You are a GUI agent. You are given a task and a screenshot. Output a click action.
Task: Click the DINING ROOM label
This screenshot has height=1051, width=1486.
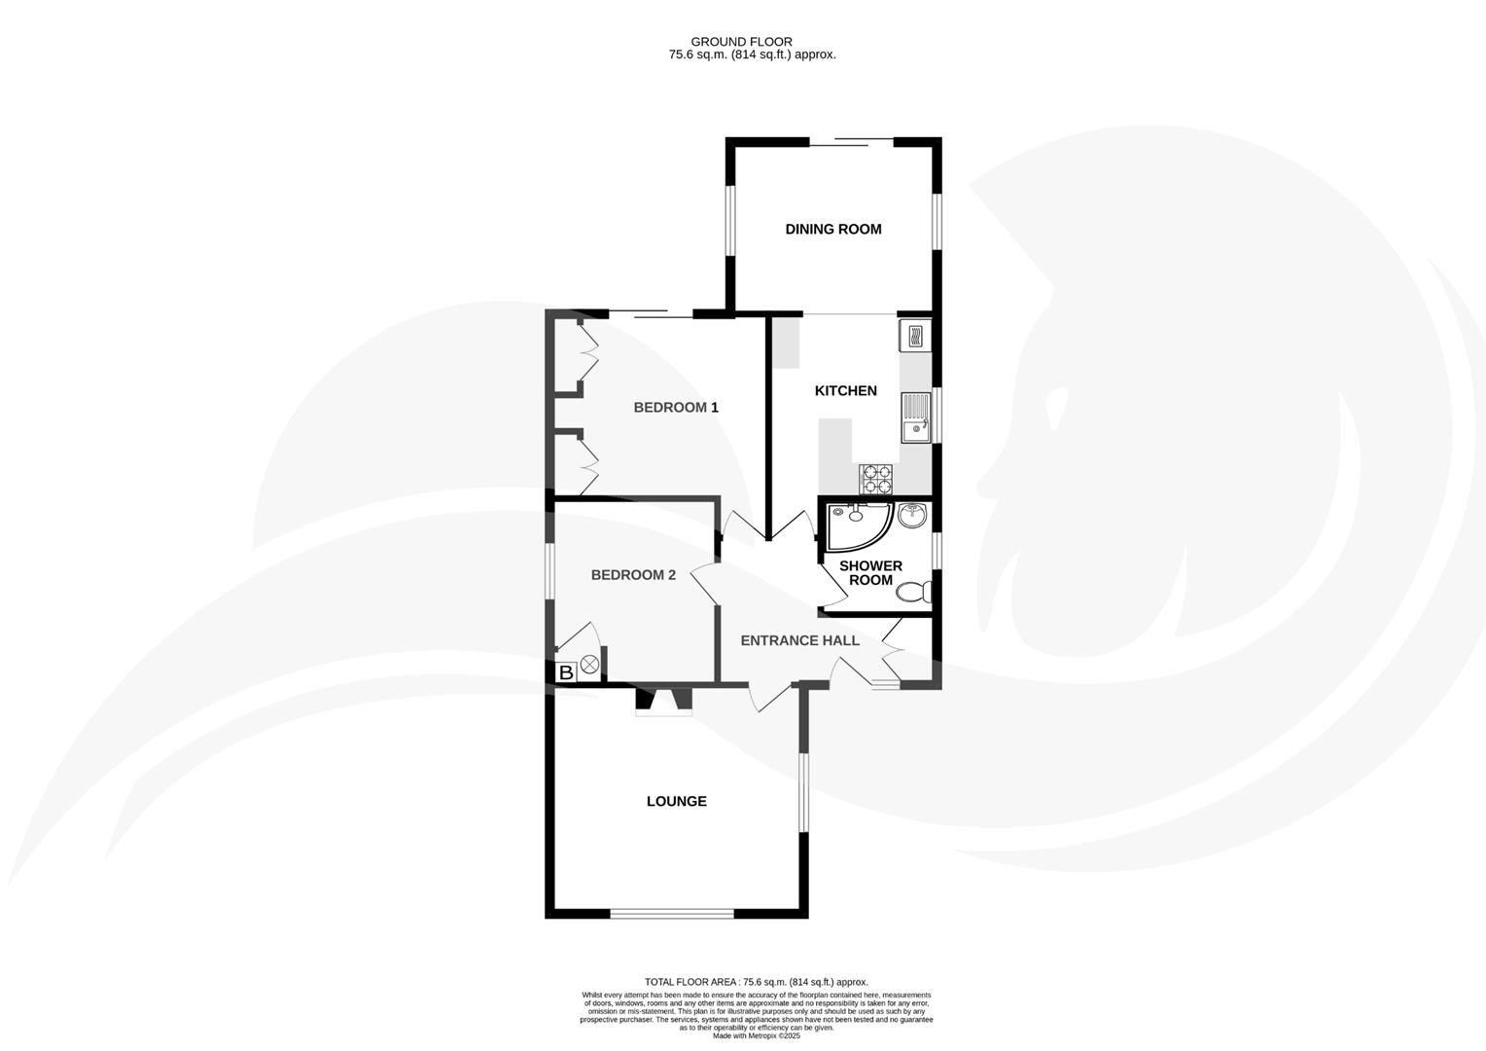point(833,229)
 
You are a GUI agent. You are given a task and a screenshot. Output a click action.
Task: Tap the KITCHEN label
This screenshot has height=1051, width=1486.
point(845,390)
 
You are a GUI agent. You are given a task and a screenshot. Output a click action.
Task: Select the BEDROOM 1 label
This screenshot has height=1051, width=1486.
point(676,407)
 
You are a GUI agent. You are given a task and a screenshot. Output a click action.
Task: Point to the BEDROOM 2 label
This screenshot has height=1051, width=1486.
point(633,574)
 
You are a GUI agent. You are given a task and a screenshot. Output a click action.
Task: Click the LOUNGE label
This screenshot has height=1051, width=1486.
point(677,801)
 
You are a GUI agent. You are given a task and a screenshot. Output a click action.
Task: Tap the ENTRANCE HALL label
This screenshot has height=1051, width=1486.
point(799,640)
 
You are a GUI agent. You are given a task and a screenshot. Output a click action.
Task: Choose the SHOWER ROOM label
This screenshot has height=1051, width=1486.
point(870,572)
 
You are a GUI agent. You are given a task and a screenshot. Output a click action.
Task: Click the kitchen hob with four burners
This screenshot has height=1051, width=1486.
point(876,478)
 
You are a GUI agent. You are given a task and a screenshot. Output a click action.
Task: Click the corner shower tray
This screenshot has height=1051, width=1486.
point(854,525)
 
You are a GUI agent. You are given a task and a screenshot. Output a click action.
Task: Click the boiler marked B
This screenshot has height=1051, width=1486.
point(566,672)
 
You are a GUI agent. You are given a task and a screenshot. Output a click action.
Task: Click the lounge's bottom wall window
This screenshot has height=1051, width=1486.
point(672,913)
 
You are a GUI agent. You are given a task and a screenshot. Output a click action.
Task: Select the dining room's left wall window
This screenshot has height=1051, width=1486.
point(731,220)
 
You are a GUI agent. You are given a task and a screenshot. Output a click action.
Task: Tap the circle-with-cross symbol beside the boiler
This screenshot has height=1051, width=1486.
point(589,668)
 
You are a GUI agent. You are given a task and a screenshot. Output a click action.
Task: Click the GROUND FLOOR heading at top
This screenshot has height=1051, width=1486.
point(741,42)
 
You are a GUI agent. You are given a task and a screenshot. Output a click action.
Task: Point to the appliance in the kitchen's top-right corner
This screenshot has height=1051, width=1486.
point(915,336)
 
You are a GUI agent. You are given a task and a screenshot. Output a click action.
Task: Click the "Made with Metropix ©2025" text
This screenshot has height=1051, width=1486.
point(756,1036)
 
